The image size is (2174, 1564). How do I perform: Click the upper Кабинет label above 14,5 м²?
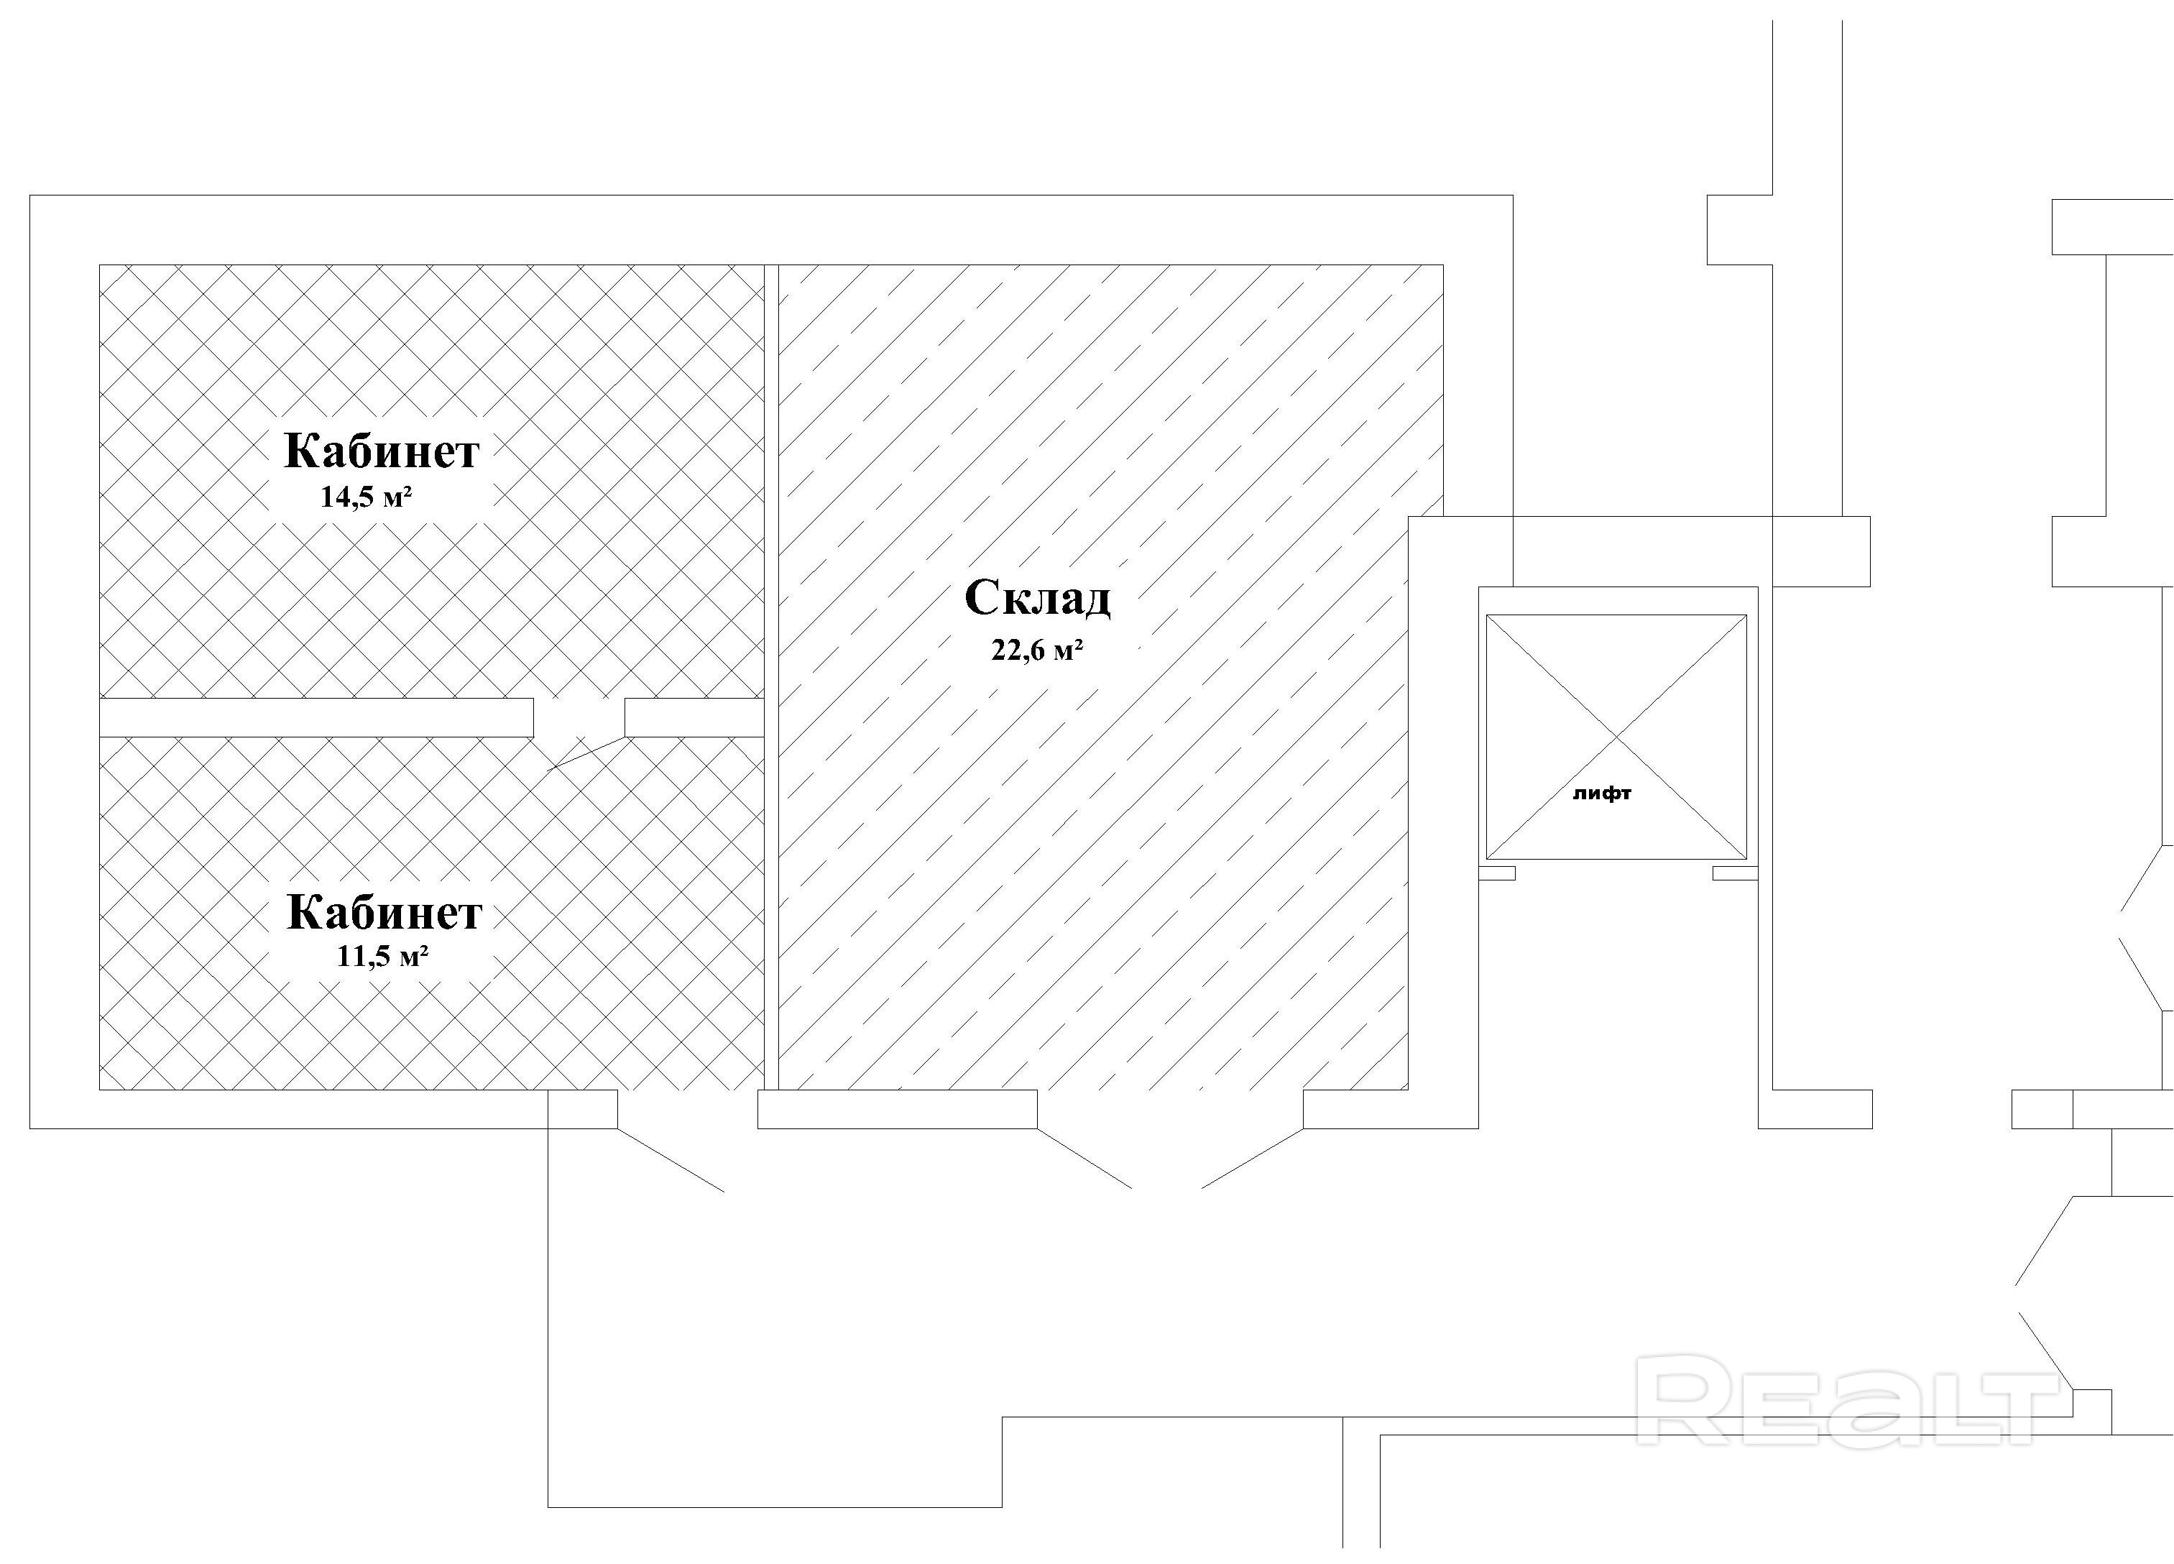[x=382, y=451]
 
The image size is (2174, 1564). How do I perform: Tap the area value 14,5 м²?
[x=367, y=497]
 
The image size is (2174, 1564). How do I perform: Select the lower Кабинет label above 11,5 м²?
[x=384, y=912]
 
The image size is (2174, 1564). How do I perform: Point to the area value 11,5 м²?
[x=382, y=956]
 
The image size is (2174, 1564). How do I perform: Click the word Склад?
[x=1037, y=599]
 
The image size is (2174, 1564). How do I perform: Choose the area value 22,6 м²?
[x=1037, y=651]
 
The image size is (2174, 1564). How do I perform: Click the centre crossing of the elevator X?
[x=1616, y=737]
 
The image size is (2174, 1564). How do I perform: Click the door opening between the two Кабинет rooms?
[x=579, y=717]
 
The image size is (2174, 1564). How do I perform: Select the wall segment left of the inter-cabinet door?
[x=316, y=717]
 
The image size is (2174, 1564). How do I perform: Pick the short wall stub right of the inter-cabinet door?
[x=694, y=717]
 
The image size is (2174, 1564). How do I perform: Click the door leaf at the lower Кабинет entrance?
[x=670, y=1159]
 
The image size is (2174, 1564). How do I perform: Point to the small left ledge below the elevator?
[x=1497, y=873]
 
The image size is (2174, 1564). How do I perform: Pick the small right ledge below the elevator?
[x=1735, y=873]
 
